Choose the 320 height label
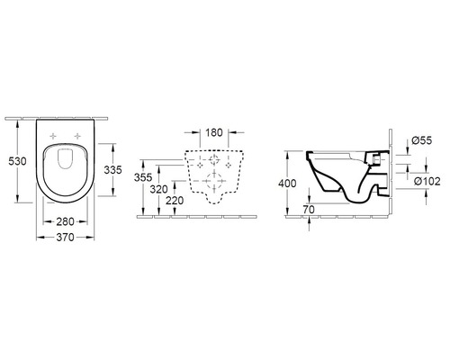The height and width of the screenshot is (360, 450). click(x=157, y=190)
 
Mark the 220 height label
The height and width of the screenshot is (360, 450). click(x=175, y=201)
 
